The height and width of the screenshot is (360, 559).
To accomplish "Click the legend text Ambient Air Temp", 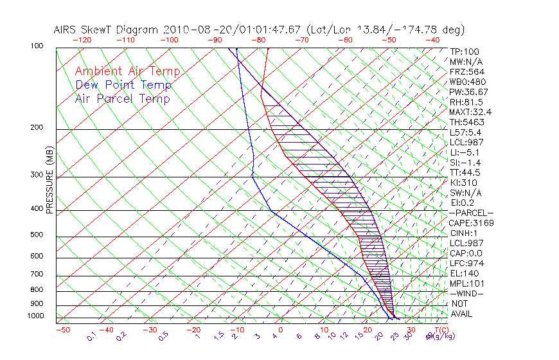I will coord(127,71).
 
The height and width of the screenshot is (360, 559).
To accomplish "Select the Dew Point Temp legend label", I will coord(123,85).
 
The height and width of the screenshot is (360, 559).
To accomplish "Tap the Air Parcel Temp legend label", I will coord(123,98).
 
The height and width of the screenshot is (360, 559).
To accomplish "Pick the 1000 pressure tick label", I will coord(36,316).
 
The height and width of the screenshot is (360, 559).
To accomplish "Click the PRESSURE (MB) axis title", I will coord(49,184).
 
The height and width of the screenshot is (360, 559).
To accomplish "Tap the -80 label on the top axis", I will coord(259,40).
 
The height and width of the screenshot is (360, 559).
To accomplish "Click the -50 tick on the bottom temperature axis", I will coord(62,330).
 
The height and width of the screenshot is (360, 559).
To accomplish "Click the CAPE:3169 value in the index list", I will coord(472,223).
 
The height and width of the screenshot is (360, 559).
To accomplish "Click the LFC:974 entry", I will coord(467,264).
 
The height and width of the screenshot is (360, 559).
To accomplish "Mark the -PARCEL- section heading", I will coord(472,213).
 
